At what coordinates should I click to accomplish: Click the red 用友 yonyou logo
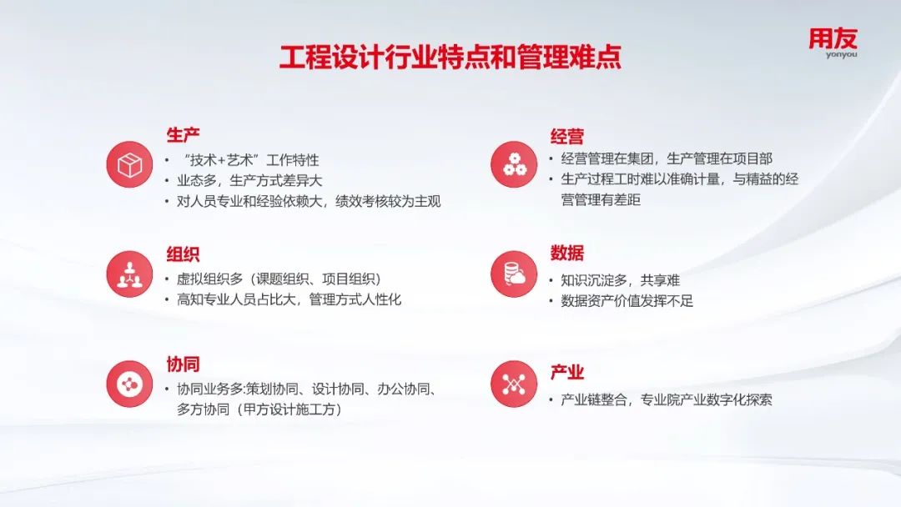pyautogui.click(x=833, y=43)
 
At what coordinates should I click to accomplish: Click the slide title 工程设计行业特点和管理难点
pyautogui.click(x=450, y=57)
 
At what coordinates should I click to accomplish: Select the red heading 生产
pyautogui.click(x=183, y=135)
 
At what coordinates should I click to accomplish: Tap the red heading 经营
pyautogui.click(x=566, y=136)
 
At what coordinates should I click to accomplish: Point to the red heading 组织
pyautogui.click(x=183, y=254)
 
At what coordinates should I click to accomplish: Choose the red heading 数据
pyautogui.click(x=566, y=253)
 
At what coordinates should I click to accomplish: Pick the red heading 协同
pyautogui.click(x=183, y=364)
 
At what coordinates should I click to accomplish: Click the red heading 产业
pyautogui.click(x=566, y=372)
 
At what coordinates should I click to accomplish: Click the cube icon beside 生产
pyautogui.click(x=129, y=165)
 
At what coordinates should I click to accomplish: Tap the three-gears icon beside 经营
pyautogui.click(x=514, y=164)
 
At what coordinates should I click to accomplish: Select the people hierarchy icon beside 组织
pyautogui.click(x=129, y=274)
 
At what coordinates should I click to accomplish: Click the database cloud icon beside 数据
pyautogui.click(x=514, y=274)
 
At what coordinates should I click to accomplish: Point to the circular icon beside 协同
pyautogui.click(x=129, y=384)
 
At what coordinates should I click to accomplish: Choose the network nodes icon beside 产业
pyautogui.click(x=514, y=384)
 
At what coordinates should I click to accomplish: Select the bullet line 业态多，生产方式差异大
pyautogui.click(x=249, y=181)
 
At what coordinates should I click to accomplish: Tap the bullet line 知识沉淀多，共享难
pyautogui.click(x=620, y=280)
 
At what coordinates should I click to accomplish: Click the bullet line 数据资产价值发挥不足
pyautogui.click(x=627, y=301)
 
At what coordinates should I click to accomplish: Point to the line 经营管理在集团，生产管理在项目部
pyautogui.click(x=667, y=158)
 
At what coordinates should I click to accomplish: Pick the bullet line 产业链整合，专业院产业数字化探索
pyautogui.click(x=667, y=399)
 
